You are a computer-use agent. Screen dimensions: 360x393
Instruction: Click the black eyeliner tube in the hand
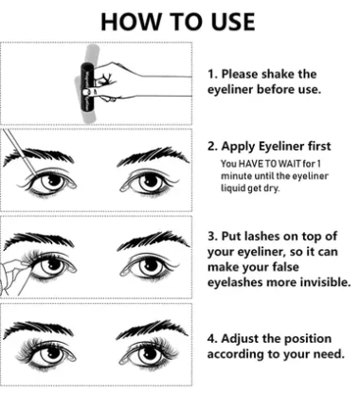coord(86,87)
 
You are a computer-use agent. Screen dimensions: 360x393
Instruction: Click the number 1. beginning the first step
coord(212,74)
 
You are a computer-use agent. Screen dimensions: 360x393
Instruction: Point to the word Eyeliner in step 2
coord(279,147)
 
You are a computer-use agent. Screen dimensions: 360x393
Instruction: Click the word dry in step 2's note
coord(273,188)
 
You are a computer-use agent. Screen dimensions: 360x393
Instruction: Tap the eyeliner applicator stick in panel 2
coord(20,152)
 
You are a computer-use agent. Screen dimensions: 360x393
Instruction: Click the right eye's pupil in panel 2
coord(152,181)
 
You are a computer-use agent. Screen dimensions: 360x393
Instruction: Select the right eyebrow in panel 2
coord(153,157)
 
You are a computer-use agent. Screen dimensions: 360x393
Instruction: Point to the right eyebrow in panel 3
coord(153,241)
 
